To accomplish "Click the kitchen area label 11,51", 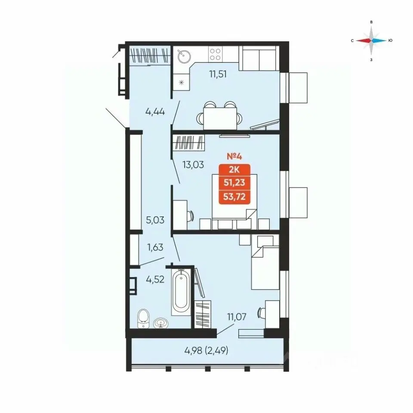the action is click(218, 74).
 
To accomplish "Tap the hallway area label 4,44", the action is click(155, 112).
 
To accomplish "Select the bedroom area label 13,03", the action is click(193, 165).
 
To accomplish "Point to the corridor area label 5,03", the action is click(155, 220).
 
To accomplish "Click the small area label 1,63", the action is click(155, 247).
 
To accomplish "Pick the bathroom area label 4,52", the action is click(155, 279).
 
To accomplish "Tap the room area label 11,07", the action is click(237, 317).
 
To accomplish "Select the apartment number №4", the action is click(234, 157).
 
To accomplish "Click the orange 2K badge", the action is click(234, 170).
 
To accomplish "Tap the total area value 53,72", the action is click(234, 197).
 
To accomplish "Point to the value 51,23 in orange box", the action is click(234, 182).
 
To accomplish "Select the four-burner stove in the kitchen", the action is click(215, 54).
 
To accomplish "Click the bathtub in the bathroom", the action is click(181, 292).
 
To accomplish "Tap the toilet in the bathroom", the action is click(143, 318).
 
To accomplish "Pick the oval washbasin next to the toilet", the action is click(160, 323).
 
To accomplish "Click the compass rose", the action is click(371, 40).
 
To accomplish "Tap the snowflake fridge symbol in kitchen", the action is click(181, 83).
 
